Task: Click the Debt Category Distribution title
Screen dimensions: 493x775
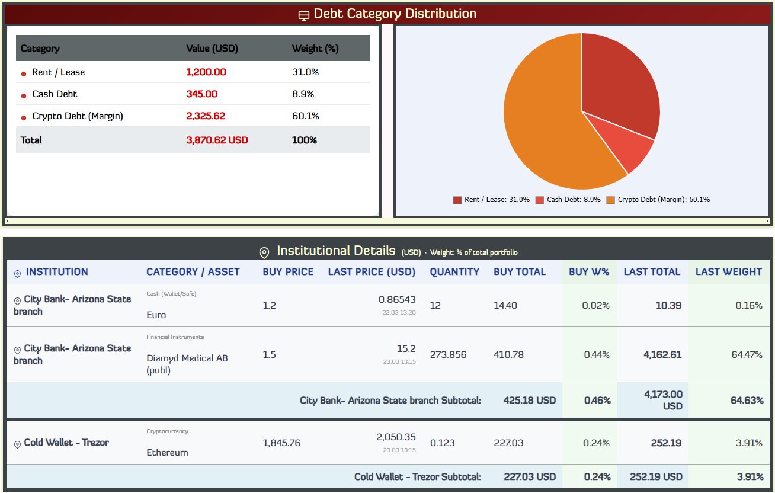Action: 395,14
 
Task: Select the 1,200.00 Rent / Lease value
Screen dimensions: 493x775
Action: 206,72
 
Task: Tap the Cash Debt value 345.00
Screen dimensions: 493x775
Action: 201,94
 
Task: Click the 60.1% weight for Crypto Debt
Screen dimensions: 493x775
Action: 305,116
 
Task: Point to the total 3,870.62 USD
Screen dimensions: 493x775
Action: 217,140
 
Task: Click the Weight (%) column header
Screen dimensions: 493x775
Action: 315,49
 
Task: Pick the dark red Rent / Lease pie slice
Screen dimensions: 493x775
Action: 619,89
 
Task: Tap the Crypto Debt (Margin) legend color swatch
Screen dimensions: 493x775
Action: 611,200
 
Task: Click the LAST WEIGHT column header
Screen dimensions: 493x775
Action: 728,272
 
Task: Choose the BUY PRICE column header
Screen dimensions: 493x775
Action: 288,272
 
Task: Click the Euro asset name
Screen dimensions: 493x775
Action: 156,315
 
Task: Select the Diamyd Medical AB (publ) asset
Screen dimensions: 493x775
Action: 187,364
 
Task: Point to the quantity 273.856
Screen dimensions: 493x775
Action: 448,355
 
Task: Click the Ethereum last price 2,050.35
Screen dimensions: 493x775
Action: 396,437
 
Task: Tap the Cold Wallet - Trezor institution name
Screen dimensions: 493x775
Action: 66,443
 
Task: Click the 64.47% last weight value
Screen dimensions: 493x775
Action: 747,355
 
